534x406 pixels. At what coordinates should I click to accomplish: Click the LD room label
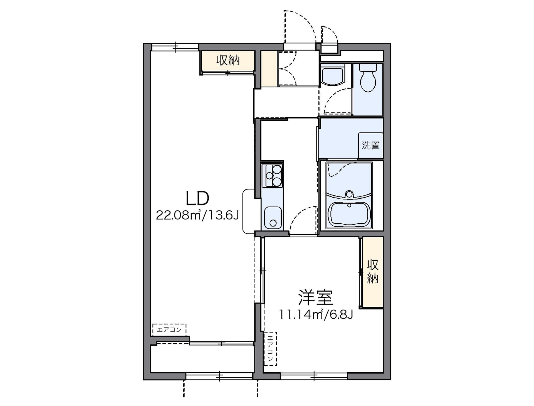(197, 198)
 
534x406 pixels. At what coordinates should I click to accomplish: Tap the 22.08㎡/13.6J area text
(197, 215)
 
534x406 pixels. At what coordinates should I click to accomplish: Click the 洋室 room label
(316, 297)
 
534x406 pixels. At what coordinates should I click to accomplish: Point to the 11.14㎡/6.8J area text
(316, 314)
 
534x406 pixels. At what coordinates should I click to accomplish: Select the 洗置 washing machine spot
(370, 145)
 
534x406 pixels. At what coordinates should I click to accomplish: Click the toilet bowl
(368, 79)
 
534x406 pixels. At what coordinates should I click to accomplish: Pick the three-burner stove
(273, 175)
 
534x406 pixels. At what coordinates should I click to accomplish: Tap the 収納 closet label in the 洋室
(373, 272)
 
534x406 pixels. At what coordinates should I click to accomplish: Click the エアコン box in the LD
(169, 330)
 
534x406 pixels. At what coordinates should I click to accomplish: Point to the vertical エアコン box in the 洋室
(270, 349)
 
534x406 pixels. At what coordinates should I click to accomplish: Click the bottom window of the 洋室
(314, 376)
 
